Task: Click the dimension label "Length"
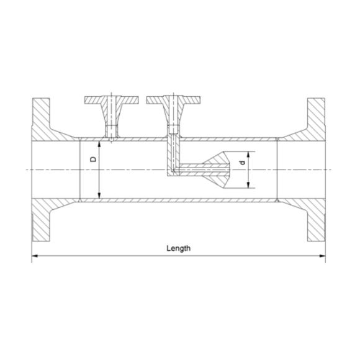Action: pos(178,248)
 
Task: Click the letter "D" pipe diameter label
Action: pos(93,160)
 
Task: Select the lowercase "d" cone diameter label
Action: pos(243,163)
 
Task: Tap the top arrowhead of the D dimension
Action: pos(100,142)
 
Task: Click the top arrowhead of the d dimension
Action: pos(249,154)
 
